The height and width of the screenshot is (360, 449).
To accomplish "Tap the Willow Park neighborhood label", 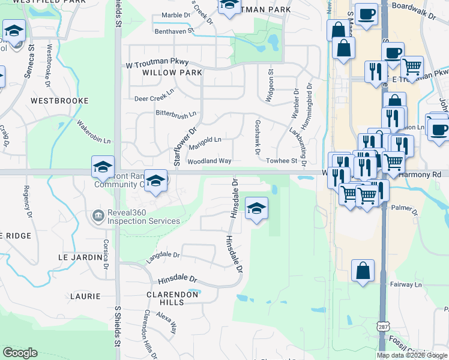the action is [x=164, y=73].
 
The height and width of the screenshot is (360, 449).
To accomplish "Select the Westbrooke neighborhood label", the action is [x=59, y=101].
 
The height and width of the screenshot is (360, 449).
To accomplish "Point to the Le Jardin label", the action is [x=80, y=257].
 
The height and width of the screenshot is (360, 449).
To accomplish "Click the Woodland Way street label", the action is [x=209, y=161].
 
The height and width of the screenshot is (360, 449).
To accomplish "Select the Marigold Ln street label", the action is [x=205, y=140].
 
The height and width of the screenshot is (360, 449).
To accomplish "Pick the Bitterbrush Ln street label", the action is [x=176, y=113].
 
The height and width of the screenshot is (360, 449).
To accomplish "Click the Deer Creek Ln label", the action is [x=154, y=98].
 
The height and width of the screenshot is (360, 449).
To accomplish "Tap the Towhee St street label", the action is [x=282, y=161].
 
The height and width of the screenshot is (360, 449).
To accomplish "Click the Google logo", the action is [x=20, y=353].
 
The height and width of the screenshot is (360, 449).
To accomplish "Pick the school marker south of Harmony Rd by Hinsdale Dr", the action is [x=256, y=209].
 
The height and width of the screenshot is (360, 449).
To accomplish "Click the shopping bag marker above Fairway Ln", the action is [x=363, y=271].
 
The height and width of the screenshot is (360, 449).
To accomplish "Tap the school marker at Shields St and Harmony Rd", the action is [x=103, y=166].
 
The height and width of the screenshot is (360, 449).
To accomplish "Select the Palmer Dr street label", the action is [x=404, y=209].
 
